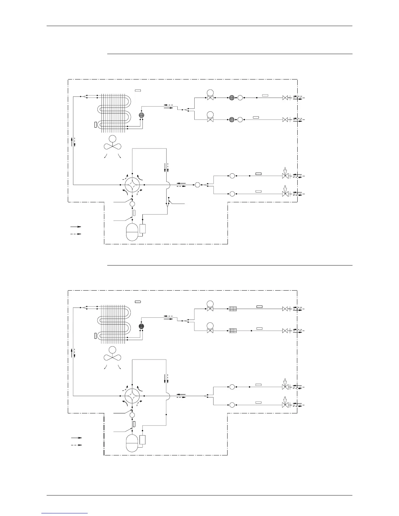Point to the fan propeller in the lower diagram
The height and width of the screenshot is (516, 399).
click(112, 357)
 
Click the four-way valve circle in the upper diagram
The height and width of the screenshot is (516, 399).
click(132, 185)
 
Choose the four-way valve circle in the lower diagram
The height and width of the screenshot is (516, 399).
click(132, 396)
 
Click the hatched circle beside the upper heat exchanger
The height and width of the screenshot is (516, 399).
click(141, 115)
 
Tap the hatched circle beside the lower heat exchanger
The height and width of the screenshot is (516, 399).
click(141, 326)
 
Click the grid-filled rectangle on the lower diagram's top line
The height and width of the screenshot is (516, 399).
click(232, 308)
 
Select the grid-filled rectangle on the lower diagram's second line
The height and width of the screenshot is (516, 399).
click(232, 331)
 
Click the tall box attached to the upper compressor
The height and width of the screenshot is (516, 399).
click(142, 228)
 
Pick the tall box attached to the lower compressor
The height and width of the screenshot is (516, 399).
click(142, 440)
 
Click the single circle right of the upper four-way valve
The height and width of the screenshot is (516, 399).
click(197, 185)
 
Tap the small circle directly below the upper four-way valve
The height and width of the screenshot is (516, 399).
click(132, 204)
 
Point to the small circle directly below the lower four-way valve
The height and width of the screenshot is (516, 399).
click(132, 415)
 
